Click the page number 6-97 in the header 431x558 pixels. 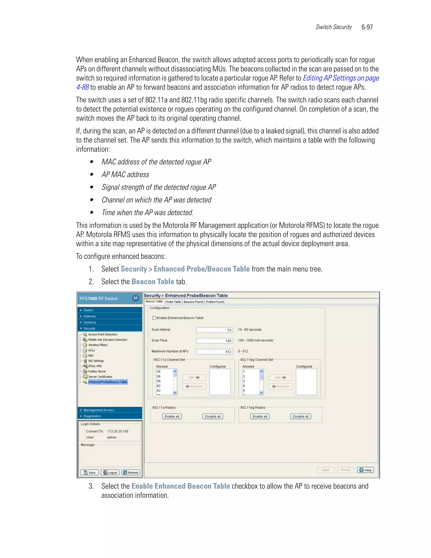coord(367,27)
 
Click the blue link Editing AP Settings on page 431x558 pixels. coord(341,78)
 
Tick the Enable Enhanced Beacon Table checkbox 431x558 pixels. coord(154,318)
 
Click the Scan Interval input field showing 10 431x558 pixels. coord(214,330)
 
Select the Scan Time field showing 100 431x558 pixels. coord(214,340)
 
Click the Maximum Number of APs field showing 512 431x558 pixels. coord(214,352)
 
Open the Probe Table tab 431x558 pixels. coord(173,302)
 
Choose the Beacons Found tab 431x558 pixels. coord(193,302)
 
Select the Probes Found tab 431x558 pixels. coord(214,302)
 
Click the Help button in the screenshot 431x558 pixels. coord(365,470)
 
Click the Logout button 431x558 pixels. coord(110,473)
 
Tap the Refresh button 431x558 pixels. coord(130,473)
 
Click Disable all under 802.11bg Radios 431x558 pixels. coord(301,416)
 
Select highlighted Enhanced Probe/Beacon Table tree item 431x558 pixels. coord(108,382)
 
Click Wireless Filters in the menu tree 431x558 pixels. coord(98,345)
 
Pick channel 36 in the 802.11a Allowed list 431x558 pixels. coord(159,376)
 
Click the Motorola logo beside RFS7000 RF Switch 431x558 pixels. coord(136,298)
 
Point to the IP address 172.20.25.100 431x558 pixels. coord(117,431)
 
